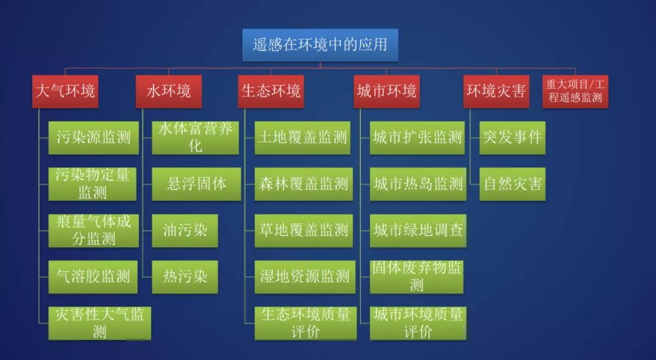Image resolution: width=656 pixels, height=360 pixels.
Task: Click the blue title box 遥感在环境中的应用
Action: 320,45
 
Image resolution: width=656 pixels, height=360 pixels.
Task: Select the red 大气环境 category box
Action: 65,92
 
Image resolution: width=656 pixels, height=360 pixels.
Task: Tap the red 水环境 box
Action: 169,92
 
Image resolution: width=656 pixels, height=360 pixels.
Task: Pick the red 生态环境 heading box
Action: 271,92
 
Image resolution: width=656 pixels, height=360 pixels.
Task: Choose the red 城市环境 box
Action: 386,92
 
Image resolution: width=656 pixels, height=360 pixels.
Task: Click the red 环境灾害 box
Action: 496,92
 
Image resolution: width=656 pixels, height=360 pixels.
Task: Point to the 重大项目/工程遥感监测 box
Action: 575,92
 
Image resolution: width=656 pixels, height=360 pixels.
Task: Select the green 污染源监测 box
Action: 94,138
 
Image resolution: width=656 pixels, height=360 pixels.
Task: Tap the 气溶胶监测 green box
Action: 93,277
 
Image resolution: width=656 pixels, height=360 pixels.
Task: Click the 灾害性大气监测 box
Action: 100,323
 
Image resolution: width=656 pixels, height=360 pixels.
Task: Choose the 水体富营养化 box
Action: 196,138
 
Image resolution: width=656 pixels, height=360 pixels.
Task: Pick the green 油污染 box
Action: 185,231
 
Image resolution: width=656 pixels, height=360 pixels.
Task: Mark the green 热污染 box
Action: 185,277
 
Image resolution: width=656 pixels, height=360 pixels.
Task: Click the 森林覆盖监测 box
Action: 304,185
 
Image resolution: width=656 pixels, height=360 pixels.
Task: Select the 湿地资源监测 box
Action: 305,277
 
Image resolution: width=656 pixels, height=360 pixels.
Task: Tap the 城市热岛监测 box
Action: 418,185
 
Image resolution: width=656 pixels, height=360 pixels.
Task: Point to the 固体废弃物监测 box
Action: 417,277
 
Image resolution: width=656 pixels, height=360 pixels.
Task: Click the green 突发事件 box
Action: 513,138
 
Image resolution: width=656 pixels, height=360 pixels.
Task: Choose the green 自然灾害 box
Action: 513,185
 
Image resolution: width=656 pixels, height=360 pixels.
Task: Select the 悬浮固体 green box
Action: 197,185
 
